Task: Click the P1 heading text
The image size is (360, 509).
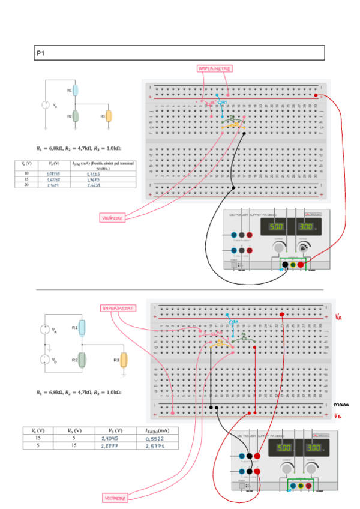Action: tap(40, 53)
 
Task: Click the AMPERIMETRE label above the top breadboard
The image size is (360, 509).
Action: tap(215, 69)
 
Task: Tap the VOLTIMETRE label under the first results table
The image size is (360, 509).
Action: tap(113, 218)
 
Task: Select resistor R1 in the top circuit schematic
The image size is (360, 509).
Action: tap(76, 91)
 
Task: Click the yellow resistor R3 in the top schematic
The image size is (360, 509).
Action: tap(109, 115)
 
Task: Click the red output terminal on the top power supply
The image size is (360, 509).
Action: tap(301, 264)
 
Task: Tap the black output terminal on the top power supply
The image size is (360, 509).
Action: tap(285, 264)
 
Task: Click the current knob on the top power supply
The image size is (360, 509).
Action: tap(278, 247)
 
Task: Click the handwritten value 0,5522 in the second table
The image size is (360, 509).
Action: tap(154, 439)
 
